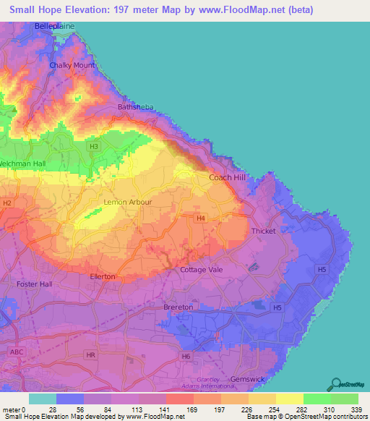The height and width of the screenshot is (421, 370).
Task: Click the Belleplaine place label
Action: [54, 26]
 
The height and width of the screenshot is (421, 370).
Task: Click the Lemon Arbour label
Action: [128, 203]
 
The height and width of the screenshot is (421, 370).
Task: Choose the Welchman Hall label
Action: [22, 164]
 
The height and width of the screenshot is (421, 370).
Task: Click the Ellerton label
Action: [102, 276]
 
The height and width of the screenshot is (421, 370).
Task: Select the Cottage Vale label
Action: [202, 270]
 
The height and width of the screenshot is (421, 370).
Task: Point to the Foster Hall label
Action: [34, 284]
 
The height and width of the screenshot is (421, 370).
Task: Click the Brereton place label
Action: [178, 307]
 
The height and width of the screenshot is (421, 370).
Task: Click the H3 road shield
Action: [93, 146]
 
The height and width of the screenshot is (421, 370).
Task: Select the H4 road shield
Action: [201, 217]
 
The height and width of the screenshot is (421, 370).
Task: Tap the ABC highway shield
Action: [16, 351]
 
